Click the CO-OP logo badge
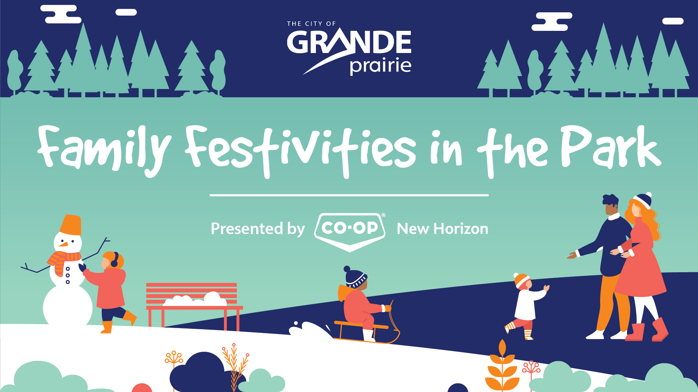[350, 232]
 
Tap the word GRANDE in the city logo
[349, 42]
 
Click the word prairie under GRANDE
[380, 66]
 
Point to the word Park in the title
[611, 147]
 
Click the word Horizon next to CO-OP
[461, 229]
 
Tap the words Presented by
[258, 229]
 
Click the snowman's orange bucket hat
[71, 225]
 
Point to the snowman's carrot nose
[63, 244]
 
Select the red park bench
[194, 305]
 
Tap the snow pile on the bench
[195, 300]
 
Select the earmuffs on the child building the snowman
[115, 260]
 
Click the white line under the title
[349, 195]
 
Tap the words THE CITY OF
[311, 24]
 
